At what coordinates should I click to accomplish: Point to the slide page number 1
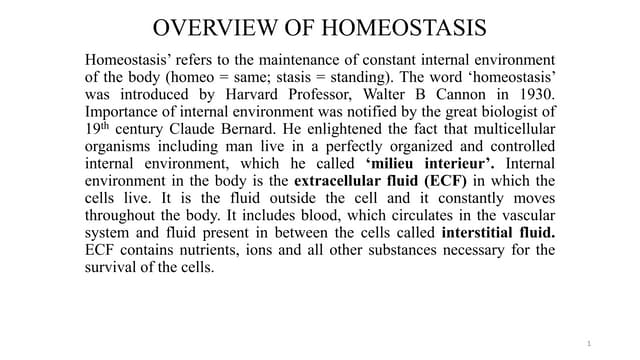click(590, 344)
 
